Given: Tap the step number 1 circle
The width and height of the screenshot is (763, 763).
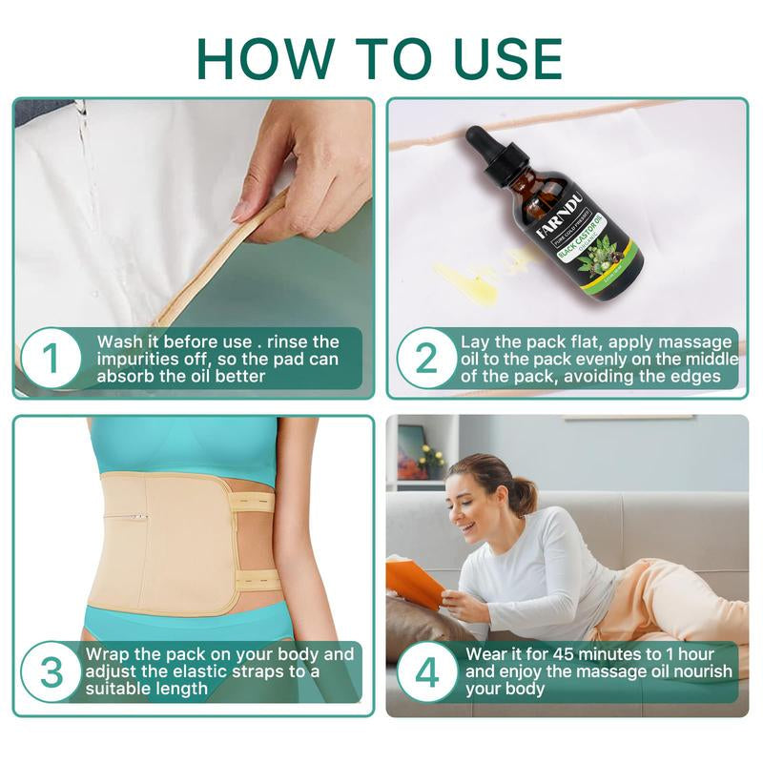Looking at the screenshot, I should click(x=51, y=359).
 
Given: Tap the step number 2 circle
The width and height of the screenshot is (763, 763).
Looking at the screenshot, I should click(x=426, y=359).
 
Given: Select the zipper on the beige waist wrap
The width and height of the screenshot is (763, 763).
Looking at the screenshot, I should click(x=133, y=517).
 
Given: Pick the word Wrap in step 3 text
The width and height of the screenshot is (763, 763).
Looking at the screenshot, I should click(x=109, y=654).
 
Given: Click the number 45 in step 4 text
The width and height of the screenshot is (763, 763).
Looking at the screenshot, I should click(x=565, y=654).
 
